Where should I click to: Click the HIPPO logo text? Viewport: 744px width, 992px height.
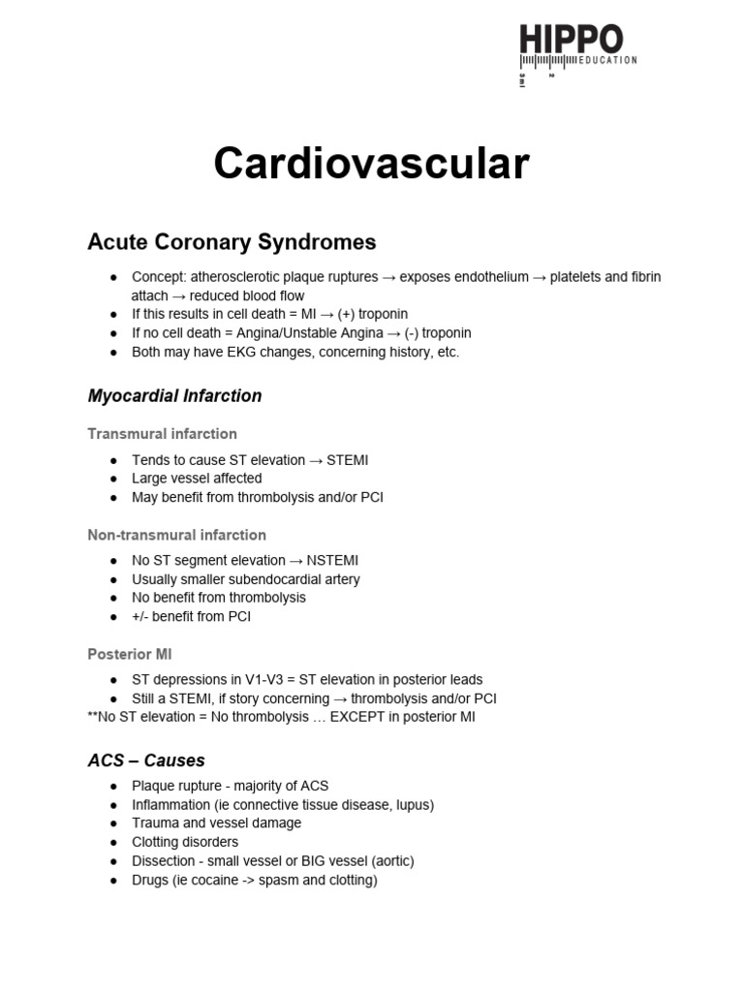pyautogui.click(x=572, y=41)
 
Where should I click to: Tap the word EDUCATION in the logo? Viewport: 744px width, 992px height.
pyautogui.click(x=606, y=60)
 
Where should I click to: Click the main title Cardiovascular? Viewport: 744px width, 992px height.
pyautogui.click(x=371, y=163)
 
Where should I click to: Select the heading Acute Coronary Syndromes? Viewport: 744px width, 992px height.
pyautogui.click(x=232, y=241)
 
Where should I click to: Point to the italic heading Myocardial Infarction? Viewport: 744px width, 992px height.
pyautogui.click(x=174, y=395)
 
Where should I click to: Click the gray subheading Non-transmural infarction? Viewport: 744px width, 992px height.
pyautogui.click(x=176, y=535)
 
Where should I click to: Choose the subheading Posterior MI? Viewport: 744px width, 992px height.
pyautogui.click(x=130, y=655)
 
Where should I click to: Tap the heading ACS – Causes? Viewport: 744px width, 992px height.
pyautogui.click(x=146, y=760)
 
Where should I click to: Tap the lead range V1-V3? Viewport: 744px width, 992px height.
pyautogui.click(x=246, y=680)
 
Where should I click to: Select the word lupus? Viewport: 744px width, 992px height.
pyautogui.click(x=411, y=804)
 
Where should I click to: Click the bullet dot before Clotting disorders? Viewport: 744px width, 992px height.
pyautogui.click(x=114, y=842)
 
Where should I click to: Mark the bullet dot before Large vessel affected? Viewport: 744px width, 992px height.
pyautogui.click(x=114, y=479)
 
